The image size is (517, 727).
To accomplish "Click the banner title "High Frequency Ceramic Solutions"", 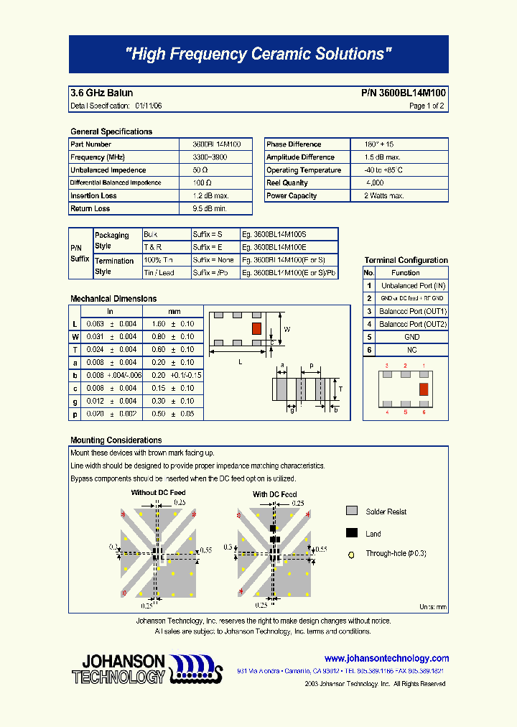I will click(258, 54).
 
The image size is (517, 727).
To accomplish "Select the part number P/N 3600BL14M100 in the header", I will click(403, 93).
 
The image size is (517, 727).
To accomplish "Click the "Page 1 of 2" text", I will click(427, 106).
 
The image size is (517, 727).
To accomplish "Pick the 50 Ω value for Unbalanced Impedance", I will click(200, 170).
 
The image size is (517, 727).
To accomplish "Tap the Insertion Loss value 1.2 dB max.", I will click(210, 196).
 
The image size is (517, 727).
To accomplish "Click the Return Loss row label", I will click(90, 209).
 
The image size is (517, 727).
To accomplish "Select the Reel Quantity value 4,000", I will click(375, 183).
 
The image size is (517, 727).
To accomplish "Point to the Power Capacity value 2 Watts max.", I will click(384, 196).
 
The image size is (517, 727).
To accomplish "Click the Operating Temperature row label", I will click(304, 170).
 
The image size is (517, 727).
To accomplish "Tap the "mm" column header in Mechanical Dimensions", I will click(174, 312).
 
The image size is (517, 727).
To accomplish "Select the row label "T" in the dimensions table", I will click(75, 350).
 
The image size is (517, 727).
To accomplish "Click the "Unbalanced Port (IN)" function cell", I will click(413, 286).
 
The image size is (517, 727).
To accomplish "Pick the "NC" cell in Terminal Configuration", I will click(411, 350).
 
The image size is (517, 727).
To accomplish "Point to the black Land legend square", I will click(352, 533).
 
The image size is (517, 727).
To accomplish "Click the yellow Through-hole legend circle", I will click(352, 555).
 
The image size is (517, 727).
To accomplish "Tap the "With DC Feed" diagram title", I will click(274, 494).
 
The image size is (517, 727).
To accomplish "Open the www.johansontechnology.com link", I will click(386, 658).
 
